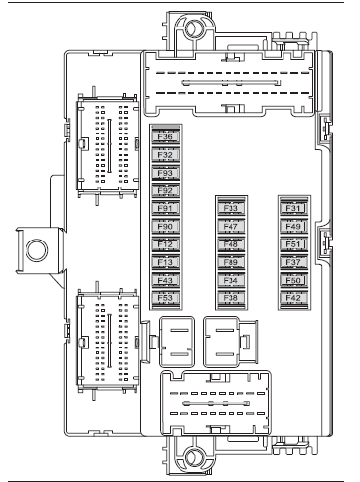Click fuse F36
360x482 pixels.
pos(166,136)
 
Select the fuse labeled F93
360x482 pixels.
pos(166,173)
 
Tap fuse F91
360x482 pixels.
pos(166,208)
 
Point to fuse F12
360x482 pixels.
pos(166,244)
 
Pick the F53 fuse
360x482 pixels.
pos(166,298)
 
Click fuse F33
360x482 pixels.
pos(231,208)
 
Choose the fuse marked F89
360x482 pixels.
pos(231,262)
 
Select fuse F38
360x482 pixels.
pos(231,298)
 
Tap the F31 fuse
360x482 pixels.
pos(293,208)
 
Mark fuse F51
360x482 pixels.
pos(293,244)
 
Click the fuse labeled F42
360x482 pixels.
pos(293,298)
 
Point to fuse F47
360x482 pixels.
pos(231,227)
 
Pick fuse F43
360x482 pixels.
pos(166,280)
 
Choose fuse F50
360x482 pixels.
pos(293,280)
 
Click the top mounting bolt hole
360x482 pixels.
pos(195,28)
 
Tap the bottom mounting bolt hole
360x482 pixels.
pos(195,456)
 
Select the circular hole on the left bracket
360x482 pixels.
pos(37,250)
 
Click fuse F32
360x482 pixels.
pos(166,155)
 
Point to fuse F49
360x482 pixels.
pos(293,227)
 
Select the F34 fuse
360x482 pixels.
pos(231,280)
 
